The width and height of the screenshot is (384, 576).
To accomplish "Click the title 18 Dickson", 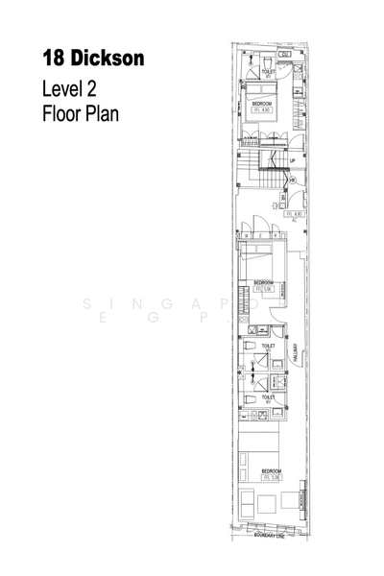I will coord(93,59).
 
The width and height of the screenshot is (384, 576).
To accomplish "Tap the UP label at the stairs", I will coord(293,160).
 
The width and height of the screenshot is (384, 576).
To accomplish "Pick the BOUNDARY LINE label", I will coord(272,549).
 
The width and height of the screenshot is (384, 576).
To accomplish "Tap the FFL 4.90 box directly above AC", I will coord(294,213).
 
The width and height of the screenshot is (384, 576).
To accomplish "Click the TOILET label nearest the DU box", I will coord(269,70).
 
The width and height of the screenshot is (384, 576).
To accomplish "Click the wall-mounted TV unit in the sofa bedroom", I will coord(303,500).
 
